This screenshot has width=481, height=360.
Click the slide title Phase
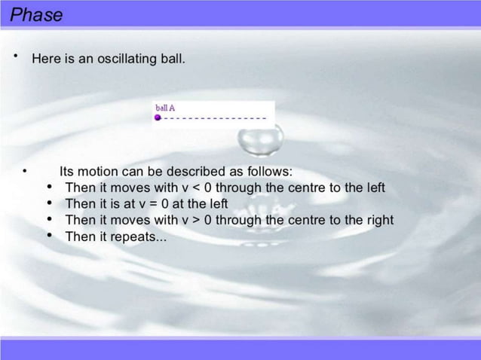tap(36, 14)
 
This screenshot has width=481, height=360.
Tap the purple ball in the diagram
tap(158, 118)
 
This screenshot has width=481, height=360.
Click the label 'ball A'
tap(165, 108)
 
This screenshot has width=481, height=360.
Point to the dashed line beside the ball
tap(215, 118)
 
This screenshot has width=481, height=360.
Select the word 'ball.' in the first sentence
tap(169, 58)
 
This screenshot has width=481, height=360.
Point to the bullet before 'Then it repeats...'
tap(50, 236)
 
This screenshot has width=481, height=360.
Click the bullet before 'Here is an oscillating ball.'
tap(14, 56)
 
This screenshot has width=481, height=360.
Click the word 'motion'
tap(98, 170)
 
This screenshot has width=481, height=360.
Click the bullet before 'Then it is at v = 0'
tap(50, 203)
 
